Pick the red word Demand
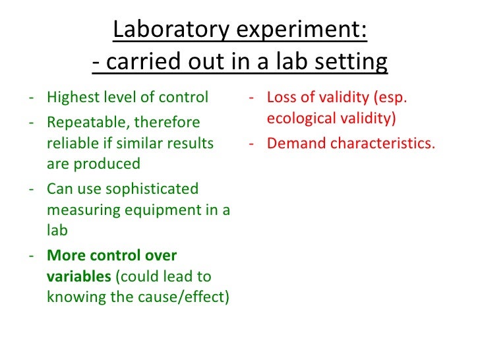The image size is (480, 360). [x=294, y=143]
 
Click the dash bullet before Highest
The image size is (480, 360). [x=32, y=98]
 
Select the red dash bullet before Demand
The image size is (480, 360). [x=252, y=144]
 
